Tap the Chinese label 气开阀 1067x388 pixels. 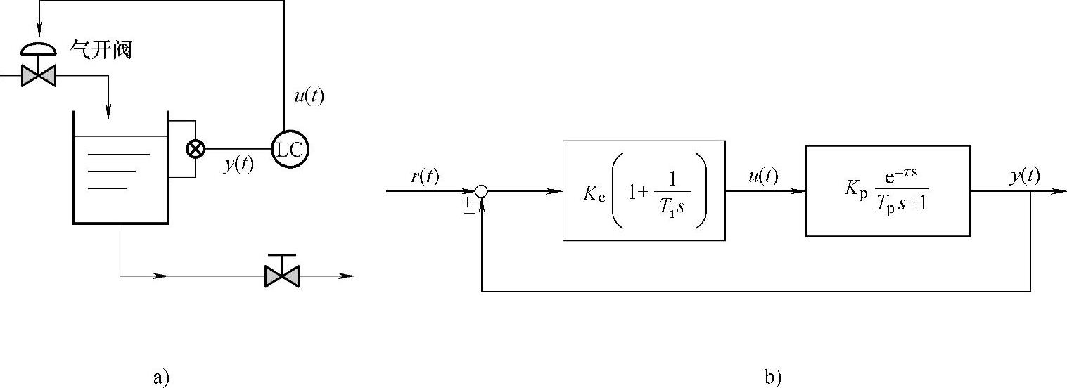coord(101,51)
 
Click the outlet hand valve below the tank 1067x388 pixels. coord(281,275)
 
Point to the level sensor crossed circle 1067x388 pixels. coord(195,149)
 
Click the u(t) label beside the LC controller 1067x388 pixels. coord(309,96)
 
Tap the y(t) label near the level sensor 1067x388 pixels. coord(239,166)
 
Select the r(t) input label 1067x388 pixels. coord(425,177)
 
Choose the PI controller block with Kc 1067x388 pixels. coord(644,190)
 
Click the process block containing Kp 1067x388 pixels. coord(888,190)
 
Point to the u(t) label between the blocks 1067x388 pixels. coord(763,177)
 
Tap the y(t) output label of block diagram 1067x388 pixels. coord(1025,176)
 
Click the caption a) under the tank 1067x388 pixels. coord(161,377)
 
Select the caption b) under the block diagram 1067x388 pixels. coord(772,377)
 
